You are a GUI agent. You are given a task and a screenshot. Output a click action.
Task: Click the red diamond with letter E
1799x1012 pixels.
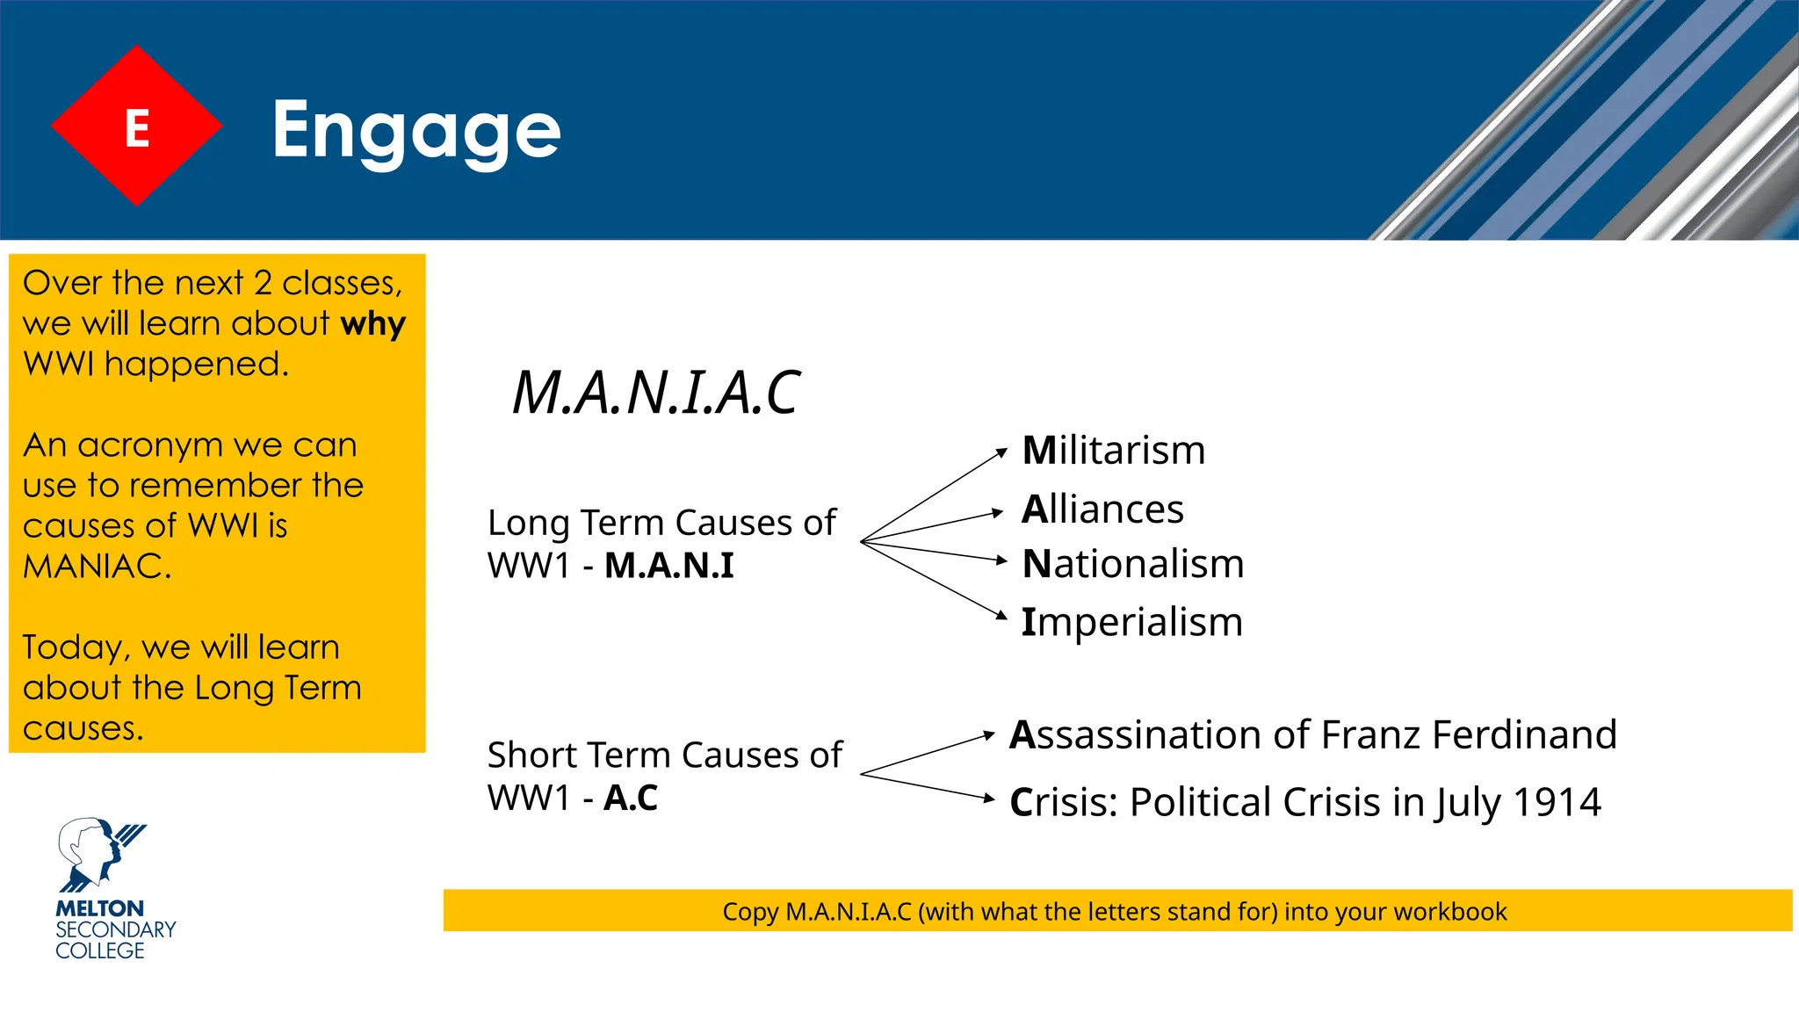[x=136, y=126]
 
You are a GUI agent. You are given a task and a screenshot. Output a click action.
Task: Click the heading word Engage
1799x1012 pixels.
[x=415, y=130]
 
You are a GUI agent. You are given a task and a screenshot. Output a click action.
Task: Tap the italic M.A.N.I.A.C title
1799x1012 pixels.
[x=655, y=392]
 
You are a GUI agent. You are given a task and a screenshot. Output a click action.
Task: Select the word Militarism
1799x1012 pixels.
[x=1114, y=451]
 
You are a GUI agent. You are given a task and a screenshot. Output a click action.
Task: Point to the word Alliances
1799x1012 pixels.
[x=1102, y=510]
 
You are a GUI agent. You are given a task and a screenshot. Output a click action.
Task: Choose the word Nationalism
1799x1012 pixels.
[x=1133, y=564]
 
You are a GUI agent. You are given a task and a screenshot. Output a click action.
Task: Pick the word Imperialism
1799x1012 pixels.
[x=1131, y=622]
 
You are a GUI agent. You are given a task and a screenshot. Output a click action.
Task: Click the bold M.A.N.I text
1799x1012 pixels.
[x=668, y=565]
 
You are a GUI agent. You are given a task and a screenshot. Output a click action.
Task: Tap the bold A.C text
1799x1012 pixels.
[x=631, y=798]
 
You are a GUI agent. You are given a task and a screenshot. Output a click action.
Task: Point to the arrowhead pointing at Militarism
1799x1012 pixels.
[x=1001, y=453]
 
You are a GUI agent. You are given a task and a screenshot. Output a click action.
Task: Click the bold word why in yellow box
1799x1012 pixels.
[x=372, y=324]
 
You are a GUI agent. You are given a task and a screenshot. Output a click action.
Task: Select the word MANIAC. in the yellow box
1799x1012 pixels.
[x=97, y=566]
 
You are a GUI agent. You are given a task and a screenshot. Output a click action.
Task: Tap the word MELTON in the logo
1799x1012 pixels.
[x=99, y=908]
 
